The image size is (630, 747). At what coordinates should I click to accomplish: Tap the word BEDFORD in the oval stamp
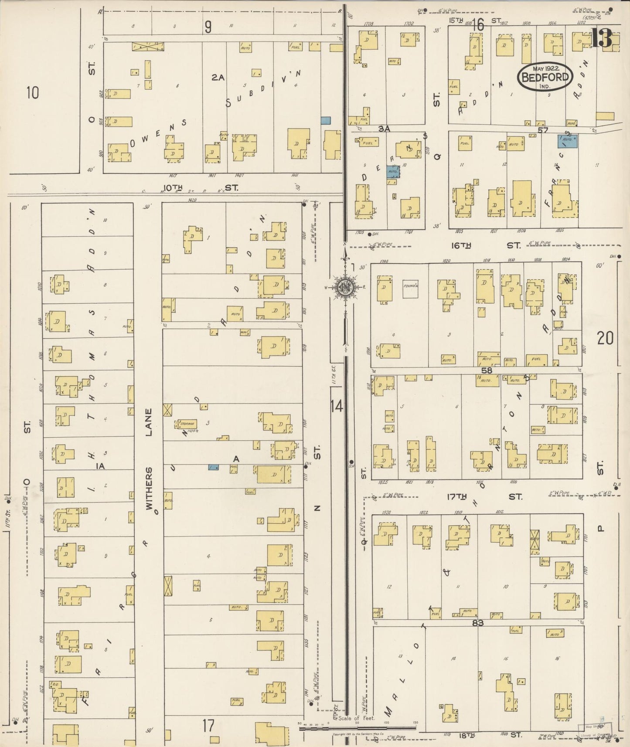pos(545,78)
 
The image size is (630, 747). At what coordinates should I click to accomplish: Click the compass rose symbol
pos(344,287)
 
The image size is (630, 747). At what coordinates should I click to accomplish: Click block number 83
pos(478,623)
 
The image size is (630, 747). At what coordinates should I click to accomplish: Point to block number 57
pos(542,130)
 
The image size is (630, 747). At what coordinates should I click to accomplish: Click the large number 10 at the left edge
pos(32,93)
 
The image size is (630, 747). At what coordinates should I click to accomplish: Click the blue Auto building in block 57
pos(568,140)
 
